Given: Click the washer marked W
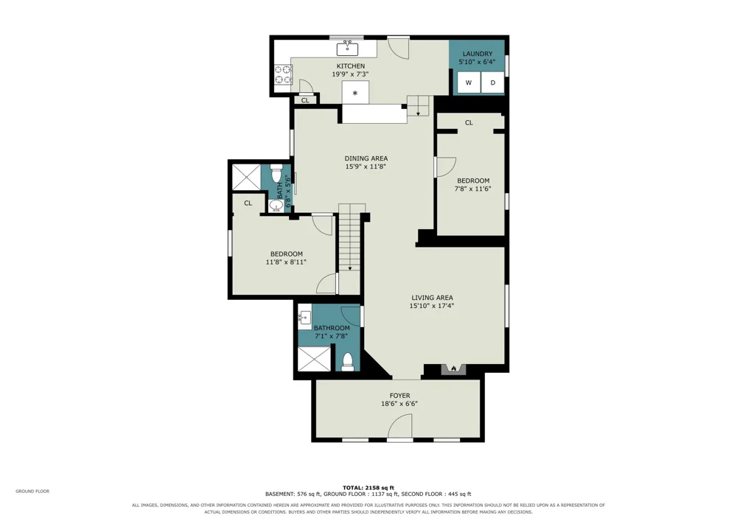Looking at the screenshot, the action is click(x=469, y=83).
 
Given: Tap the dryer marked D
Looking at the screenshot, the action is click(x=492, y=83).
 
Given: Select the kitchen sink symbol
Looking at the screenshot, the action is click(x=347, y=48).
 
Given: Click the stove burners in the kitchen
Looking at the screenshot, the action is click(x=284, y=74).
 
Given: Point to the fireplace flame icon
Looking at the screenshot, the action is click(x=453, y=368).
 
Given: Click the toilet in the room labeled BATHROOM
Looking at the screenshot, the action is click(x=348, y=362).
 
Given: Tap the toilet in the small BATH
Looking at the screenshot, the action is click(x=276, y=172).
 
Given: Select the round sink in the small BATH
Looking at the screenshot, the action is click(x=276, y=206).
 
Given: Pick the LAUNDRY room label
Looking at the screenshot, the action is click(x=477, y=54).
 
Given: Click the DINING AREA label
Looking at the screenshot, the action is click(x=366, y=158).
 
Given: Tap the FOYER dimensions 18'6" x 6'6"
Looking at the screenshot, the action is click(x=399, y=404).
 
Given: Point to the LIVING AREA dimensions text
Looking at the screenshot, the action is click(x=431, y=306).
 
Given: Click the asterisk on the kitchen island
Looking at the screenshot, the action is click(x=355, y=93).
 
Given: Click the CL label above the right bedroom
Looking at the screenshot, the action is click(x=469, y=122).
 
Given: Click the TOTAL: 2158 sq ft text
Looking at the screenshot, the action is click(x=368, y=488).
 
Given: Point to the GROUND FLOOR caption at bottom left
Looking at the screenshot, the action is click(x=32, y=492).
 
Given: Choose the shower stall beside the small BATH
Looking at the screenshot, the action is click(x=246, y=177).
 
